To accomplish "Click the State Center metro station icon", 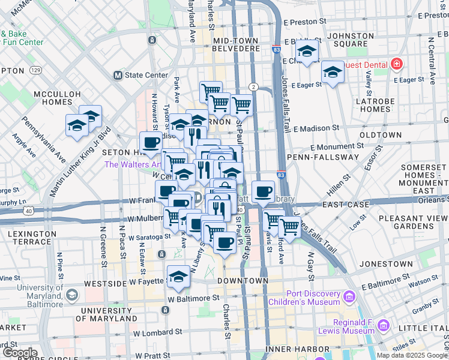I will pyautogui.click(x=118, y=76).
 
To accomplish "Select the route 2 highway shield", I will pyautogui.click(x=253, y=87).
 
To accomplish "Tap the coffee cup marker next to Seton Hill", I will pyautogui.click(x=151, y=143).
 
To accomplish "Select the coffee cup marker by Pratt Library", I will pyautogui.click(x=262, y=191).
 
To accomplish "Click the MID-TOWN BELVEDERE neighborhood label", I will pyautogui.click(x=236, y=44).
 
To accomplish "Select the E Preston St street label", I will pyautogui.click(x=304, y=21).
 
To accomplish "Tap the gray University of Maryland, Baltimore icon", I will pyautogui.click(x=72, y=294).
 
